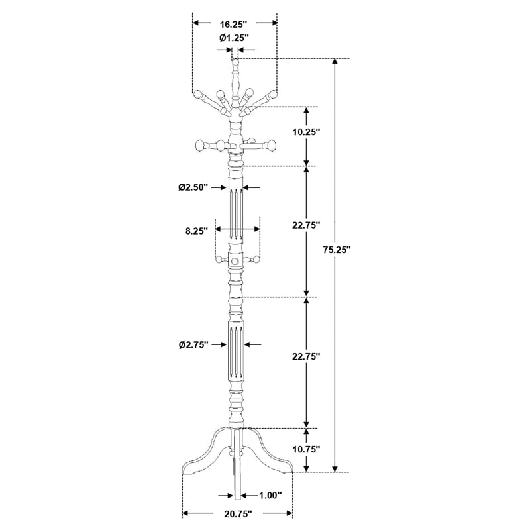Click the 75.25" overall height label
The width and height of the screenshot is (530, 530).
tap(337, 250)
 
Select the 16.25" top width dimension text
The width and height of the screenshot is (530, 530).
tap(234, 25)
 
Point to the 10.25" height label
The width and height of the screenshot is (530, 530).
tap(306, 132)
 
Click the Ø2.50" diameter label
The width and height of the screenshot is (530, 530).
tap(193, 187)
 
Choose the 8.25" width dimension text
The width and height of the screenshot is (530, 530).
tap(196, 231)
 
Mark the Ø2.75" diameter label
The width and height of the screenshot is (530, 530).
tap(193, 344)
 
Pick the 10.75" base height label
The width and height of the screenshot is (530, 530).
tap(306, 449)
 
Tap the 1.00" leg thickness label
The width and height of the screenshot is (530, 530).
tap(270, 496)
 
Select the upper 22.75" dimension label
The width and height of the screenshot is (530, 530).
tap(306, 225)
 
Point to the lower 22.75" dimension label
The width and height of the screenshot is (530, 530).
tap(306, 356)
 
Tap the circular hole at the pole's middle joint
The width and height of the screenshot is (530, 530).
tap(235, 261)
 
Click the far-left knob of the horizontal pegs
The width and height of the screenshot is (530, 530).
tap(200, 146)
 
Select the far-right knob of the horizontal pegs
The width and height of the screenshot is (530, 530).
tap(271, 146)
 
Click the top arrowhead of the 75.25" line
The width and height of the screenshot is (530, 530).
tap(335, 62)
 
